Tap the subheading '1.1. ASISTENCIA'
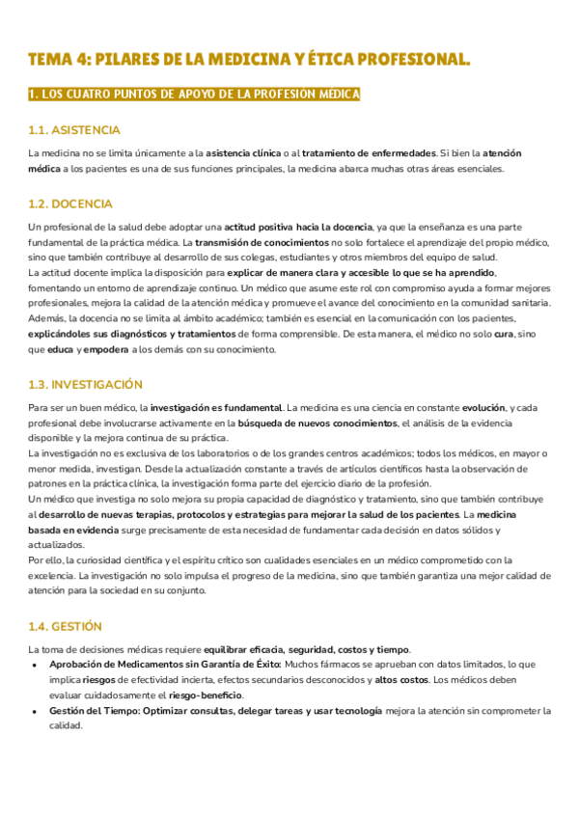(74, 130)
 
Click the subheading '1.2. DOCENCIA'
(70, 204)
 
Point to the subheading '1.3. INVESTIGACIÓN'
(86, 384)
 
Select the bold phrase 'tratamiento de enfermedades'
(369, 153)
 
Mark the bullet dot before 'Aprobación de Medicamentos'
(35, 666)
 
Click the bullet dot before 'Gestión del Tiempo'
(35, 712)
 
